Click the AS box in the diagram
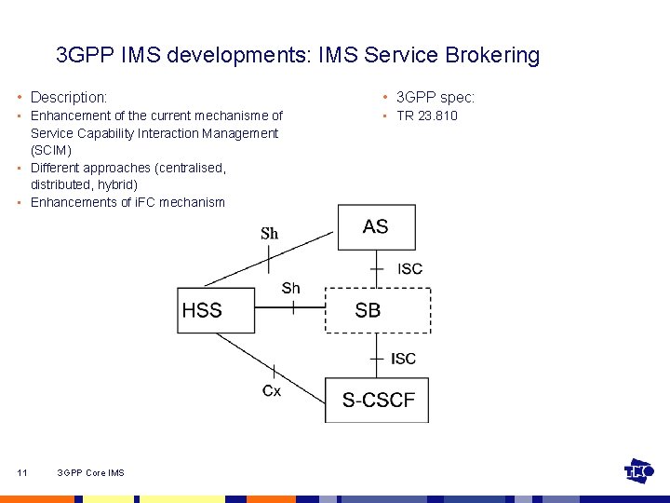click(376, 227)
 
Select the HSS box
click(216, 310)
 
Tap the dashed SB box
click(377, 310)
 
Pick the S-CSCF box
click(377, 401)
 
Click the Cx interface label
click(271, 391)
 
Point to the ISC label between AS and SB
click(409, 269)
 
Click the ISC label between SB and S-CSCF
click(404, 359)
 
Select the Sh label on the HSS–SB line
click(291, 289)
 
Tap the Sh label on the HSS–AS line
click(270, 234)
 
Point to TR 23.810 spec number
click(427, 116)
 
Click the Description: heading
click(69, 97)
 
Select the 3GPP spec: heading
click(435, 97)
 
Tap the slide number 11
click(22, 473)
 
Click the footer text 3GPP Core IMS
click(90, 473)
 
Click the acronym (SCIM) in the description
click(51, 150)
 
